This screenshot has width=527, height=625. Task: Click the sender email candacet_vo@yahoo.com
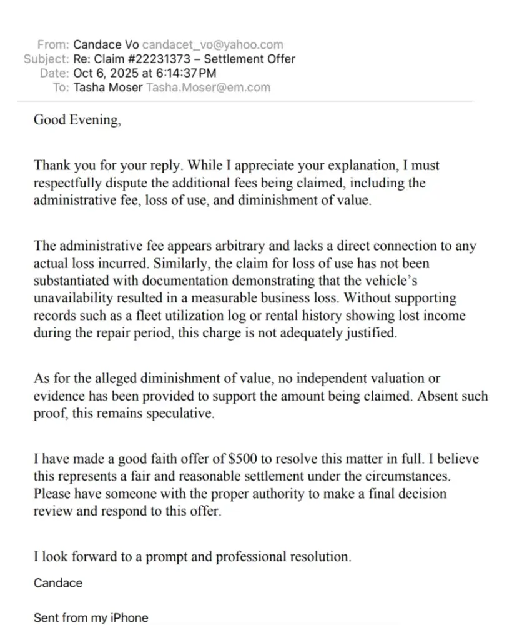coord(212,45)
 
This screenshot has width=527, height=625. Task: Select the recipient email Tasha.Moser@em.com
coord(208,87)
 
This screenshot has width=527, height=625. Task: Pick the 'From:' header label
coord(53,45)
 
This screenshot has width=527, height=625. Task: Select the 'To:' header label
coord(61,87)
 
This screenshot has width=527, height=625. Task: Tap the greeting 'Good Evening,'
coord(77,120)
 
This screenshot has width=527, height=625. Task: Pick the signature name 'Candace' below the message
coord(57,583)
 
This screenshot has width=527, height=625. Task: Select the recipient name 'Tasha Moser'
coord(107,87)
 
